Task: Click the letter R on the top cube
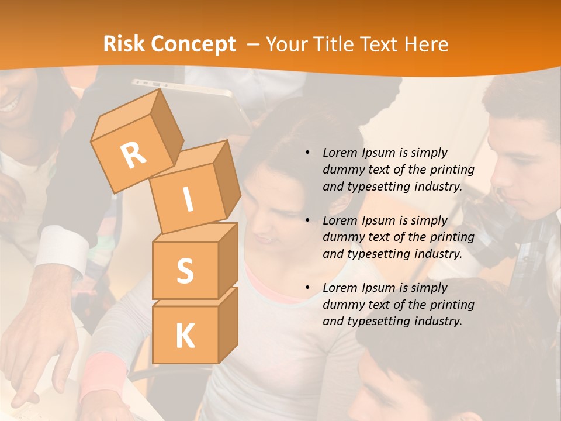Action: tap(133, 154)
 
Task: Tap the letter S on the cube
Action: tap(185, 271)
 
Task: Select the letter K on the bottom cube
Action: tap(185, 336)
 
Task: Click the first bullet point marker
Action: tap(307, 153)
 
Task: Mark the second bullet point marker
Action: tap(307, 220)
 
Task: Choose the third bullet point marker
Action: tap(307, 288)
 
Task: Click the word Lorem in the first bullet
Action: tap(338, 153)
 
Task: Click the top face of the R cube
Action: tap(130, 117)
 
